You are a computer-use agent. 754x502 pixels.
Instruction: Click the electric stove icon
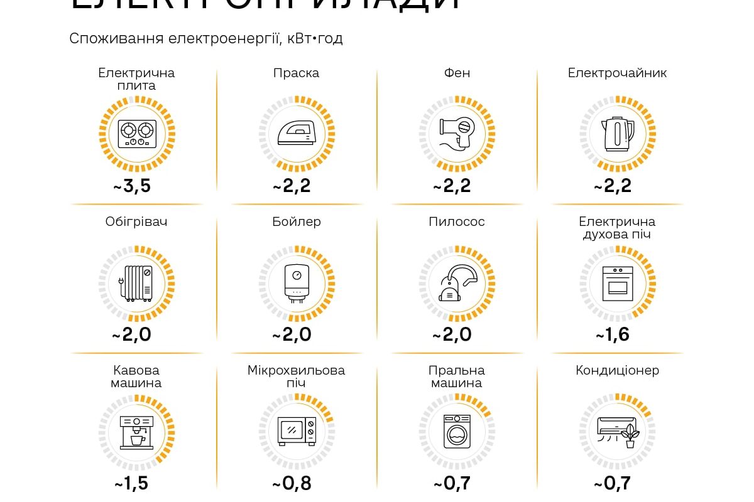(x=136, y=134)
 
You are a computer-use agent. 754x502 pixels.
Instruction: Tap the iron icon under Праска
(x=297, y=134)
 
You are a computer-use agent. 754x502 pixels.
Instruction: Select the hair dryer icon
(x=457, y=134)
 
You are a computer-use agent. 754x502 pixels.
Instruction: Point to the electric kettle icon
(x=618, y=134)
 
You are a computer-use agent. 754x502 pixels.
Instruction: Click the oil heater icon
(x=136, y=284)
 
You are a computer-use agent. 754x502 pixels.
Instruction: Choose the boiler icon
(x=297, y=284)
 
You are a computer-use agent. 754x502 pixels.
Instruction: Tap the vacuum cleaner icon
(x=457, y=284)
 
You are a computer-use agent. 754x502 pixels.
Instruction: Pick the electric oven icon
(x=618, y=284)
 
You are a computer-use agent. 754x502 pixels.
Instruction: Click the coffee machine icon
(x=136, y=432)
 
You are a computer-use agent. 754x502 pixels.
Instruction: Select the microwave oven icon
(x=297, y=432)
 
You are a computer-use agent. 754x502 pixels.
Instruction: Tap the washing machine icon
(x=457, y=432)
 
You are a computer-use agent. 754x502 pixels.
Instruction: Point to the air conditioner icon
(x=618, y=432)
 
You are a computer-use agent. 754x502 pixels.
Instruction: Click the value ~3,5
(x=132, y=186)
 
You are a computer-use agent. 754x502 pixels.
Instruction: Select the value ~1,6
(x=613, y=335)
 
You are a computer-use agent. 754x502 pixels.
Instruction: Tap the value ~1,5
(x=132, y=484)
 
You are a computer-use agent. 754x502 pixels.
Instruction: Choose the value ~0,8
(x=292, y=484)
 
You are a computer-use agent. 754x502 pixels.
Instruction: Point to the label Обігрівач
(x=136, y=222)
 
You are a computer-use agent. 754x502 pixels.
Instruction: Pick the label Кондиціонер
(x=617, y=370)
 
